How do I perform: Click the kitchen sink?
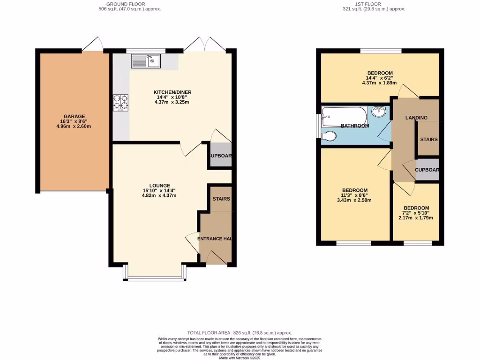coord(146,61)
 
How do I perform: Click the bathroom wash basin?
coord(379,112)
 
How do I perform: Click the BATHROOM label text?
coord(354,126)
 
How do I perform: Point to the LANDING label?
coord(416,118)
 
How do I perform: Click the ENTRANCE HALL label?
coord(215,239)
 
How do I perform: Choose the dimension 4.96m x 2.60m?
coord(74,126)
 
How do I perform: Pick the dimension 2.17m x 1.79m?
coord(416,217)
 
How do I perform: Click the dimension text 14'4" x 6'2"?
coord(379,78)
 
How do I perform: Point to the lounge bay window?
coord(155,278)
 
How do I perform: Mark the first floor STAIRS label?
coord(428,139)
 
